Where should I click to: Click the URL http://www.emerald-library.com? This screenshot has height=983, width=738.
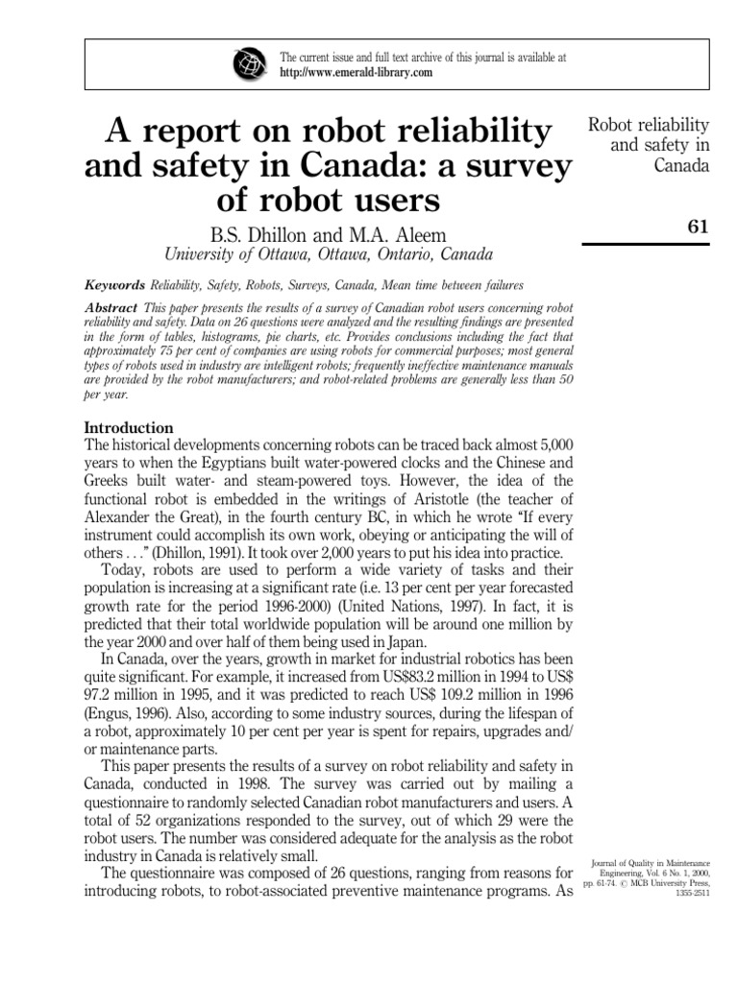tap(355, 73)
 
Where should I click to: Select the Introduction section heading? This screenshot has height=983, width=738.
tap(129, 427)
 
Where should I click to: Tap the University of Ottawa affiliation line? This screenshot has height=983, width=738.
tap(330, 255)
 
